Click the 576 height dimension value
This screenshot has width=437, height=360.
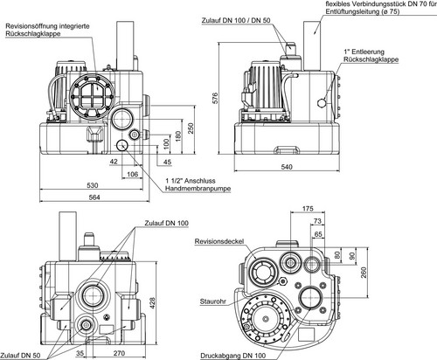click(x=214, y=99)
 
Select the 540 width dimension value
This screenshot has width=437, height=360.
click(x=287, y=167)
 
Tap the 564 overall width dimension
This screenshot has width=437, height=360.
click(x=94, y=197)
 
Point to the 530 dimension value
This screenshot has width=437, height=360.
click(x=93, y=185)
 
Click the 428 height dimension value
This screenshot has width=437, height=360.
click(x=152, y=303)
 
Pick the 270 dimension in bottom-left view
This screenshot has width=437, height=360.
click(x=119, y=353)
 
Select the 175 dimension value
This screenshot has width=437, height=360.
click(x=308, y=209)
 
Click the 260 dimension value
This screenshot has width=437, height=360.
click(x=364, y=272)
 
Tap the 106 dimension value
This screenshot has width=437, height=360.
click(x=132, y=174)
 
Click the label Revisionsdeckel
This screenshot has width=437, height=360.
click(x=219, y=241)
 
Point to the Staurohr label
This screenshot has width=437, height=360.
click(x=213, y=301)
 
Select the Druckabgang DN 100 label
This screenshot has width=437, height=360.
click(x=233, y=356)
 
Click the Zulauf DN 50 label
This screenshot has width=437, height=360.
click(x=20, y=356)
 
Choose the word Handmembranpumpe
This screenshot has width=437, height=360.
click(x=198, y=189)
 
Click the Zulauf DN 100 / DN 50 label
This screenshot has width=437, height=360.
click(x=236, y=21)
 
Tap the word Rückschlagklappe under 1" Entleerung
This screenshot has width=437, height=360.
click(x=371, y=59)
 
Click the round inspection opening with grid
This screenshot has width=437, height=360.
click(x=92, y=96)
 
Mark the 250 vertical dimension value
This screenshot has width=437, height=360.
click(x=190, y=128)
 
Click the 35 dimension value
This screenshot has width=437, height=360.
click(x=80, y=353)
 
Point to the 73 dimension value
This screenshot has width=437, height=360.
click(x=317, y=221)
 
